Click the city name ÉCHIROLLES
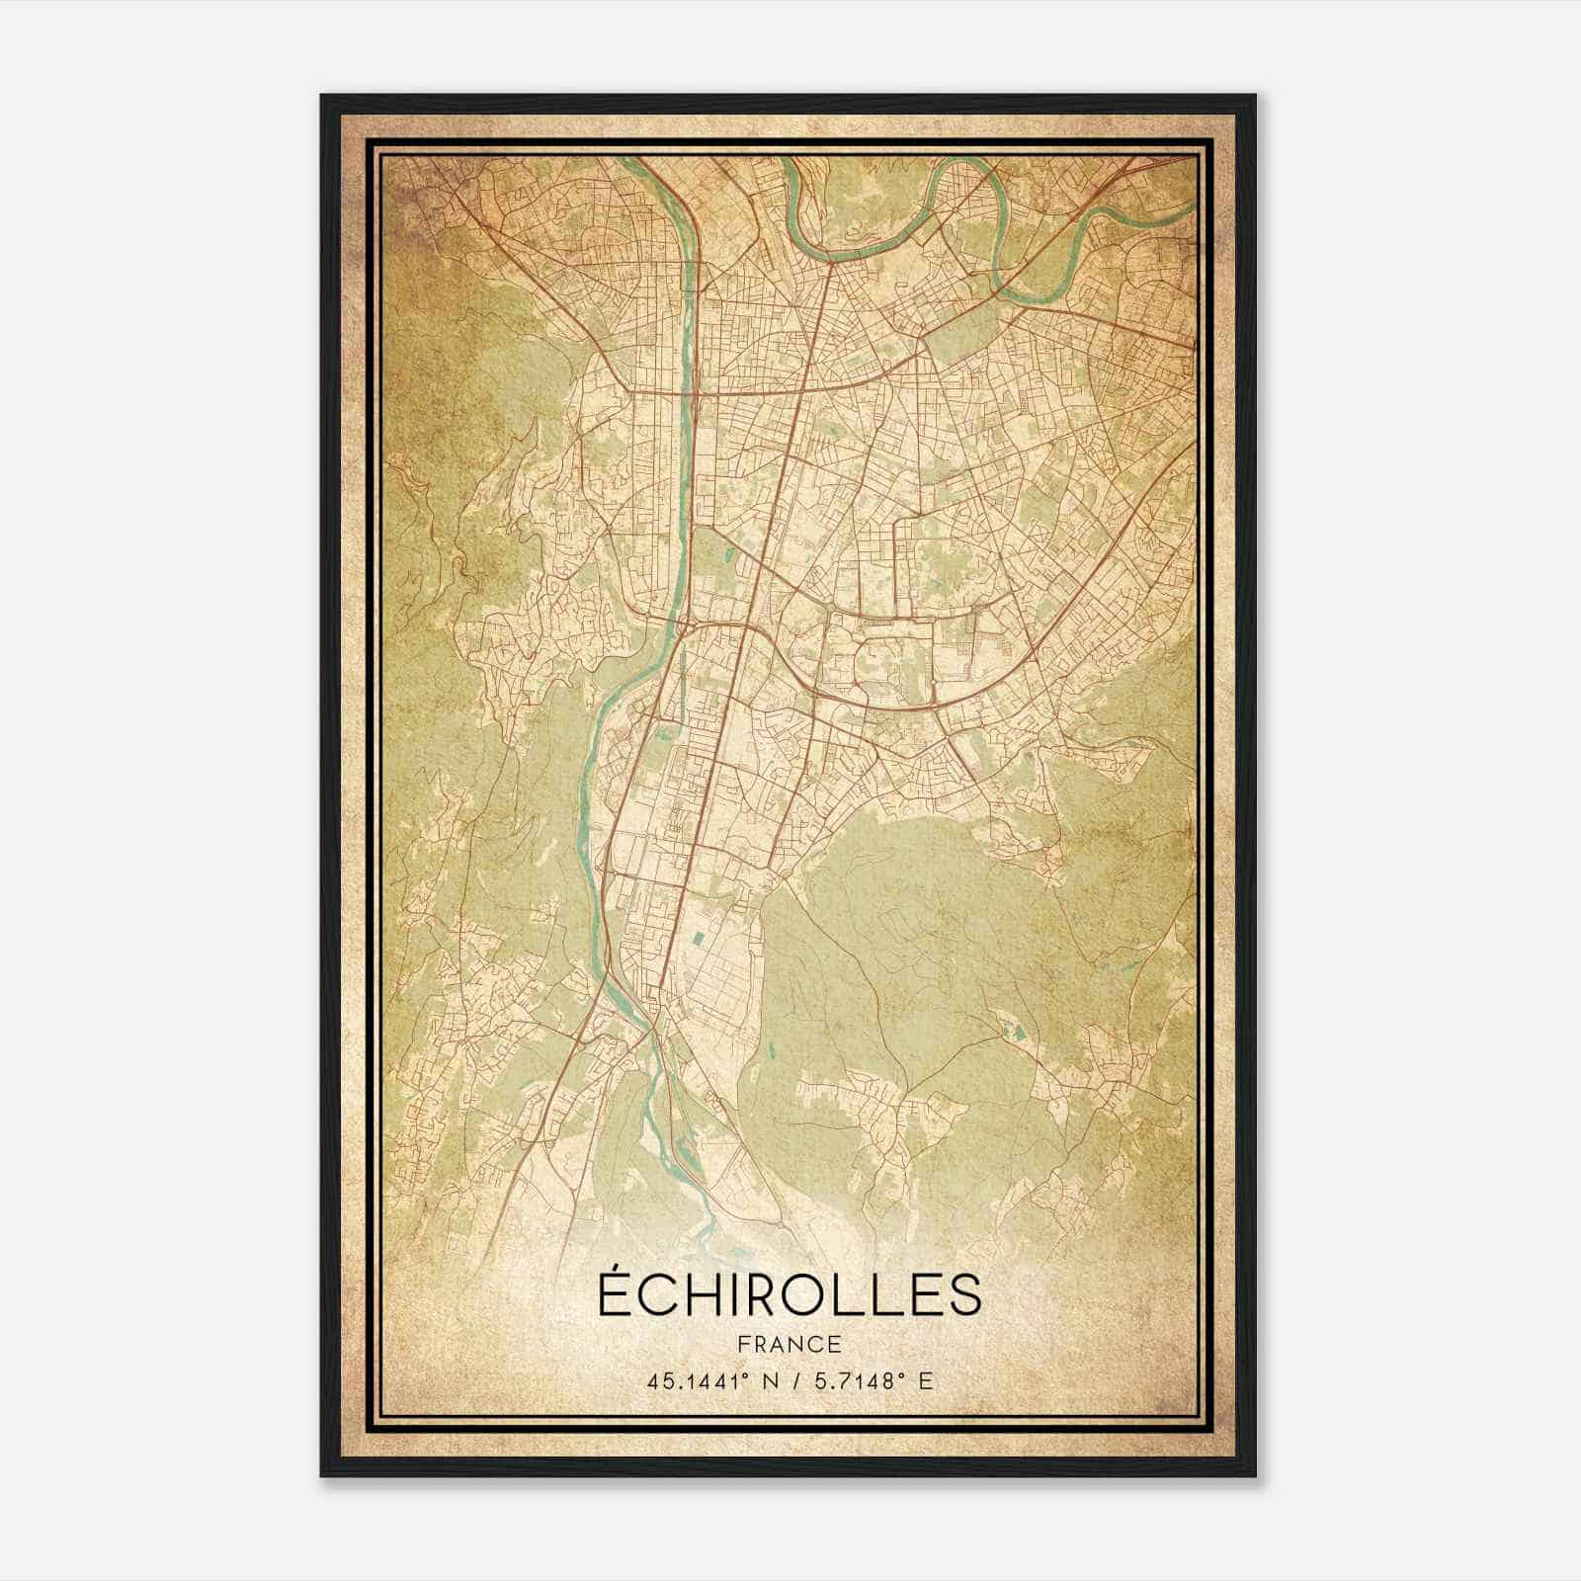tap(790, 1294)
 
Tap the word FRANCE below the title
tap(790, 1345)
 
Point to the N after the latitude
tap(773, 1381)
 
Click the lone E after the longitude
tap(925, 1381)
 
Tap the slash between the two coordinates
tap(796, 1381)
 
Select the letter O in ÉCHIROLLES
tap(802, 1296)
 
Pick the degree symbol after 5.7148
tap(902, 1374)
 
